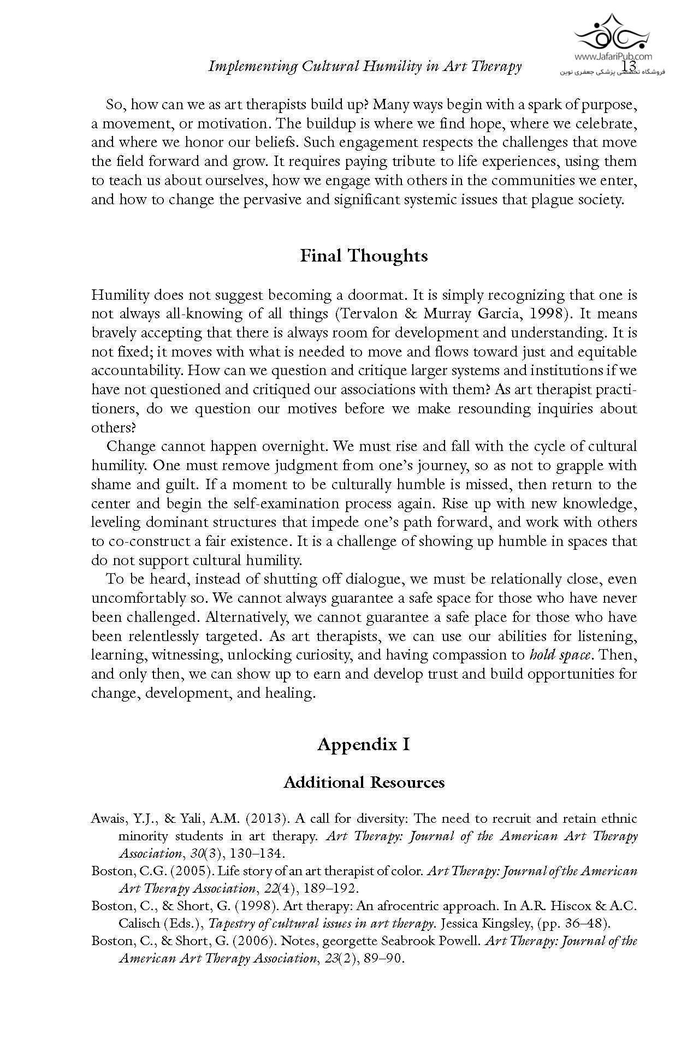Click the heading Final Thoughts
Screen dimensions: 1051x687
pos(364,256)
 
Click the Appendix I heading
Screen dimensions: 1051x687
pos(364,744)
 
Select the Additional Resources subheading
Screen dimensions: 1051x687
pos(364,782)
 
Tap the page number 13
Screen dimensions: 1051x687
pos(629,66)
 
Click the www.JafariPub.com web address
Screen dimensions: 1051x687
pos(613,56)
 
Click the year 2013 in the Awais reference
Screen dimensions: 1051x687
pos(266,818)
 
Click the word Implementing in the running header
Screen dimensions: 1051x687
pos(252,67)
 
